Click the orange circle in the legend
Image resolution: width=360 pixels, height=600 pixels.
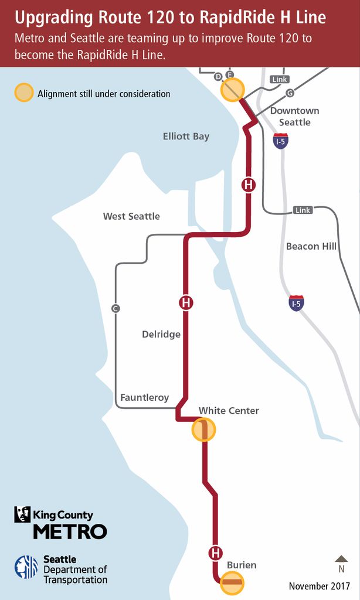click(x=23, y=93)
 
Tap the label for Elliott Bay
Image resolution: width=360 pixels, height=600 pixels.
click(x=186, y=137)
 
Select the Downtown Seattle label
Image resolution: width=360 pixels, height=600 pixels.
click(x=294, y=117)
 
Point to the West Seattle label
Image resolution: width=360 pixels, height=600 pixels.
click(x=131, y=216)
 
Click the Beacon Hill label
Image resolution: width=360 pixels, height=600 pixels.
click(x=311, y=246)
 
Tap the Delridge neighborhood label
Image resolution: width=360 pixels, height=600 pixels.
click(x=161, y=335)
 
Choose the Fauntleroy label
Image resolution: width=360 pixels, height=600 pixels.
click(x=144, y=398)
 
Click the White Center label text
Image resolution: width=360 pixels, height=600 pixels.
click(x=229, y=411)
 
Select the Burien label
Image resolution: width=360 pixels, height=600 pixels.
click(x=242, y=565)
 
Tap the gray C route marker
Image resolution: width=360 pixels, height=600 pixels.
click(x=116, y=308)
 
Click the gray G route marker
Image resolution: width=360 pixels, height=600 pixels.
click(x=289, y=93)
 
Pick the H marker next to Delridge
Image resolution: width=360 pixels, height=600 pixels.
click(x=186, y=303)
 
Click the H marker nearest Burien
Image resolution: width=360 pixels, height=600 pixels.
click(x=216, y=553)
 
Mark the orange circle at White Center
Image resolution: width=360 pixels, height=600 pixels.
click(x=204, y=430)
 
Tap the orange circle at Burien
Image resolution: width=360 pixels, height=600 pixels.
click(x=232, y=582)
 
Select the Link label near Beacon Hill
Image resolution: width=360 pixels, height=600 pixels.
click(x=303, y=210)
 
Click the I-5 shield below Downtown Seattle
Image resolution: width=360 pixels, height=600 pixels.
click(x=281, y=141)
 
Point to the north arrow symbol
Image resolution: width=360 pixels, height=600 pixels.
click(x=341, y=560)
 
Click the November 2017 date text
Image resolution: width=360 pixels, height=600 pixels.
click(x=319, y=586)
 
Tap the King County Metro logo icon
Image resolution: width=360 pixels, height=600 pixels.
click(x=22, y=514)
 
